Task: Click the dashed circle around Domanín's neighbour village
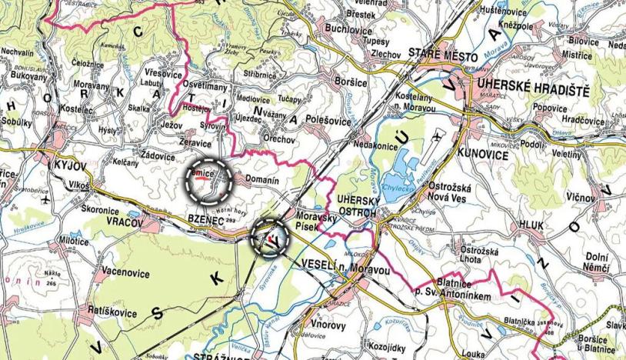tap(210, 180)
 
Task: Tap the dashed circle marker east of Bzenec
tap(271, 237)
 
